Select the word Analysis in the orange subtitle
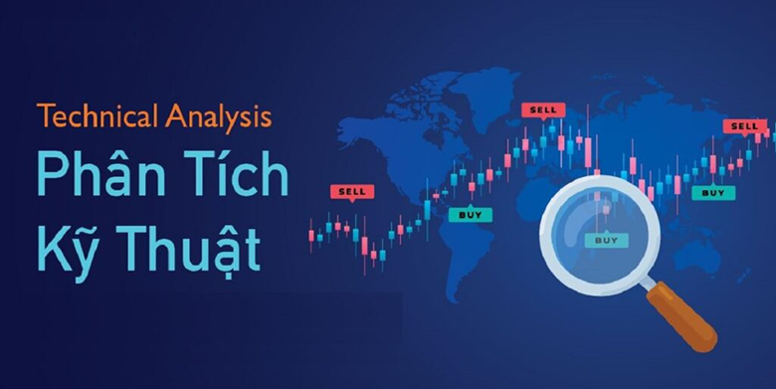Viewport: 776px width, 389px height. click(221, 118)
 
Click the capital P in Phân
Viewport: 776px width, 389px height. click(52, 177)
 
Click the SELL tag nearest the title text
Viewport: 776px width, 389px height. click(351, 190)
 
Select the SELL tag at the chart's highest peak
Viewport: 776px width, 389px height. click(543, 109)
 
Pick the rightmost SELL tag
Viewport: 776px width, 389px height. click(745, 125)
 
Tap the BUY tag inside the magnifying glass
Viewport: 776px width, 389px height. click(605, 240)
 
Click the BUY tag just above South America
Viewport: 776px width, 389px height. click(469, 213)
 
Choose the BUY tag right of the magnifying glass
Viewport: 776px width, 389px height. click(713, 192)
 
